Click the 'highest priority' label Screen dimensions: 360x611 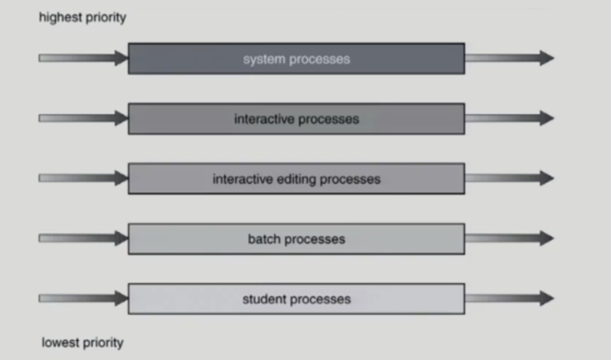pyautogui.click(x=82, y=17)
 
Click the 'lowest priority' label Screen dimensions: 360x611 pyautogui.click(x=82, y=342)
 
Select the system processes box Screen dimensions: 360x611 pyautogui.click(x=296, y=59)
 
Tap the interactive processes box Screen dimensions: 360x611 pyautogui.click(x=296, y=119)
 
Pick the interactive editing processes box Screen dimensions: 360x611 pyautogui.click(x=296, y=179)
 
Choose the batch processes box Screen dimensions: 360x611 pyautogui.click(x=296, y=239)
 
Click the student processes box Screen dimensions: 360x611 pyautogui.click(x=296, y=299)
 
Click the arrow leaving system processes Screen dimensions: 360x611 pyautogui.click(x=508, y=58)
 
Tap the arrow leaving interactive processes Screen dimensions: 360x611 pyautogui.click(x=508, y=118)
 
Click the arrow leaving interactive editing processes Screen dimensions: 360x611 pyautogui.click(x=508, y=178)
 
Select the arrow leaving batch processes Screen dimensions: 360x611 pyautogui.click(x=508, y=238)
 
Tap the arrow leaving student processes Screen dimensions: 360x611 pyautogui.click(x=508, y=298)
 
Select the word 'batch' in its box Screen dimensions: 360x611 pyautogui.click(x=264, y=239)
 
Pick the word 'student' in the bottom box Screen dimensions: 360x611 pyautogui.click(x=263, y=299)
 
